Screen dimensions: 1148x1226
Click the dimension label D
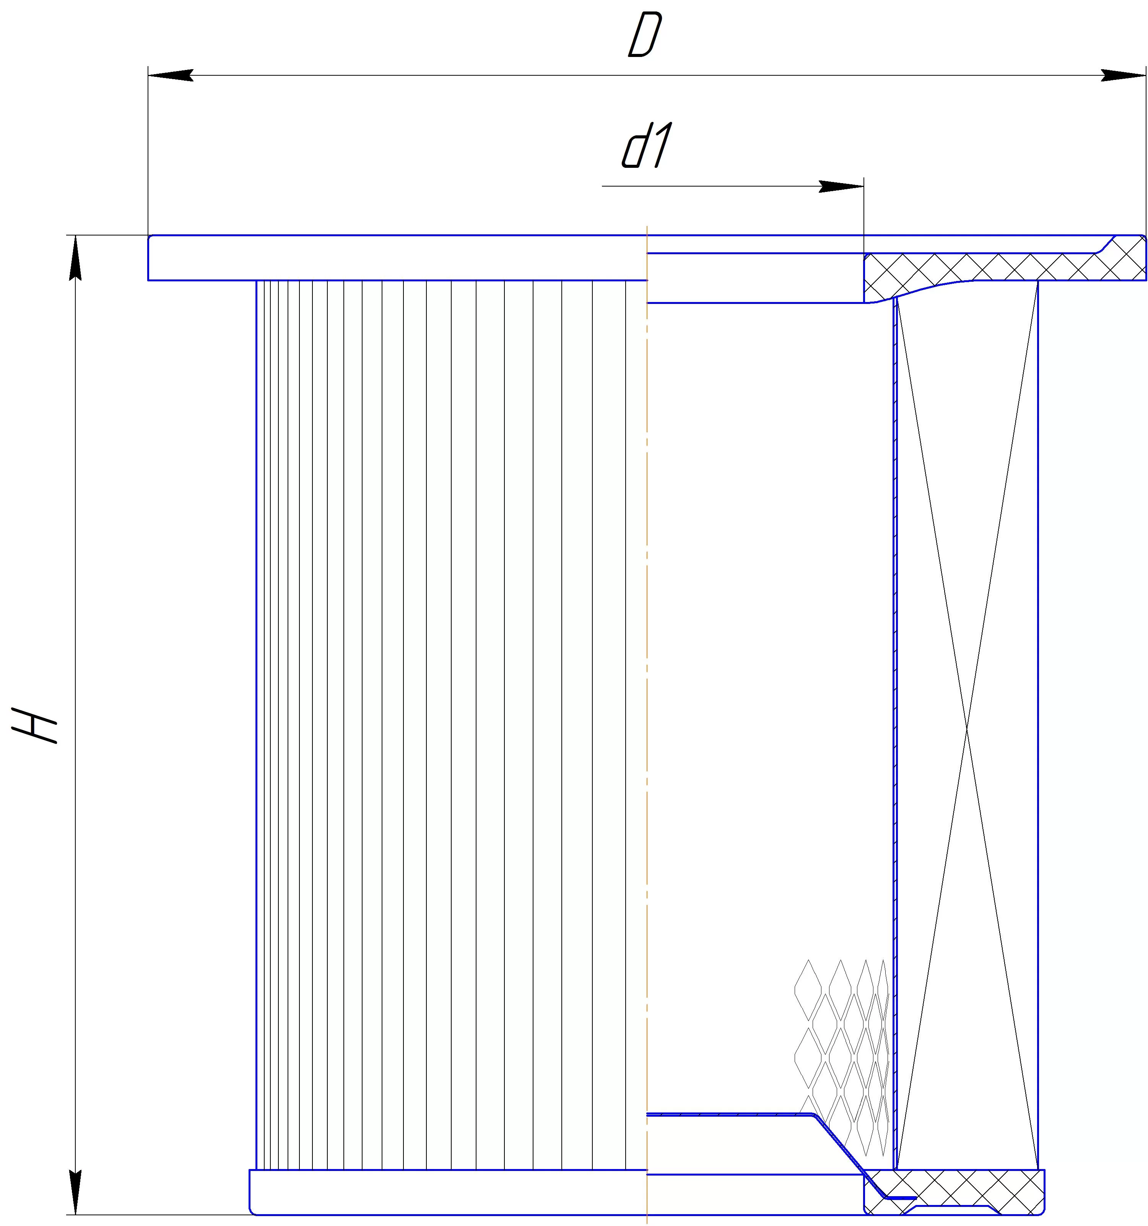click(x=645, y=35)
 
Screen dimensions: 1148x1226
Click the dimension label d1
click(x=645, y=146)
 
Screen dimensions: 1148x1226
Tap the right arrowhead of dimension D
click(x=1123, y=75)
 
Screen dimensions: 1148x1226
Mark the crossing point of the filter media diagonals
click(x=967, y=729)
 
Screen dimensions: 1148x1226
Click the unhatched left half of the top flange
click(x=397, y=258)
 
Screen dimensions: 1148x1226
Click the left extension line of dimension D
click(x=148, y=151)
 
